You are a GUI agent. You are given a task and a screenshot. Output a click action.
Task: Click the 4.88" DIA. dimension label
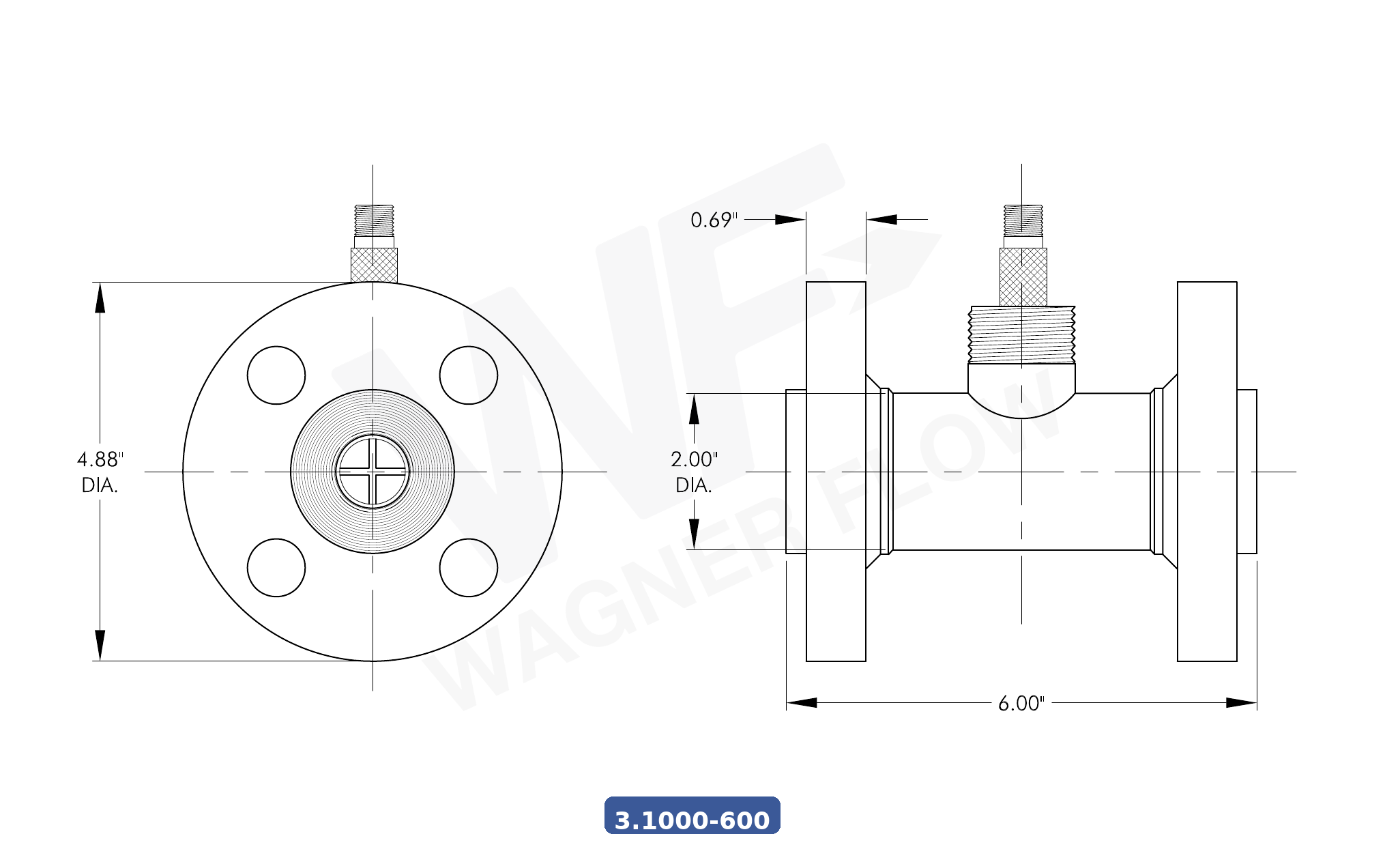pos(100,472)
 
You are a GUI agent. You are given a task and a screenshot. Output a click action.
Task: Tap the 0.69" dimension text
pos(713,220)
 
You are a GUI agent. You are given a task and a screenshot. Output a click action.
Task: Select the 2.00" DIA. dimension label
pos(694,472)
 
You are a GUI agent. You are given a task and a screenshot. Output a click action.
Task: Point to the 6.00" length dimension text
pos(1021,703)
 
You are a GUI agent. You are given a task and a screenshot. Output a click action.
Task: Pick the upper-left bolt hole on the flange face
pos(276,375)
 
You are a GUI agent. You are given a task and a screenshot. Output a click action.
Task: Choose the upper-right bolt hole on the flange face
pos(469,375)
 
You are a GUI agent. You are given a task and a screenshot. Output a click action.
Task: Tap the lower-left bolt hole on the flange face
pos(276,568)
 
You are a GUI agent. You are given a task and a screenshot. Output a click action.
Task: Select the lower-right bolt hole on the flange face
pos(469,568)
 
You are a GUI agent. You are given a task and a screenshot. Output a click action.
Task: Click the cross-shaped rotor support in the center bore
pos(373,472)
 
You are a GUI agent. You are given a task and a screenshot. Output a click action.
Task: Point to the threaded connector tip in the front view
pos(374,220)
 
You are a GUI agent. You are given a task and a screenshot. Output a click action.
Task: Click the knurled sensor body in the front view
pos(374,265)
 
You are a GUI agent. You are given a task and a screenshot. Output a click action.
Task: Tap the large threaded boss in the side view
pos(1021,334)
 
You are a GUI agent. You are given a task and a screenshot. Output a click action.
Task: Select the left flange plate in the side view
pos(836,471)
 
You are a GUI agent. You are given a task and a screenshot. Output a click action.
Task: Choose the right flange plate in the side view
pos(1207,471)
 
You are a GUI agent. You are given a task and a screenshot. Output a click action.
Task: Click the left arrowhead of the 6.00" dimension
pos(802,702)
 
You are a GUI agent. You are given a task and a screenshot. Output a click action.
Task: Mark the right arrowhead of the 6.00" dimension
pos(1241,702)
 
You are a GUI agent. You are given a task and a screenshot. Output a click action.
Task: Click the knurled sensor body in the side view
pos(1023,276)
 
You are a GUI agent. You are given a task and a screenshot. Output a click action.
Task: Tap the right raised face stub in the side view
pos(1246,471)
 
